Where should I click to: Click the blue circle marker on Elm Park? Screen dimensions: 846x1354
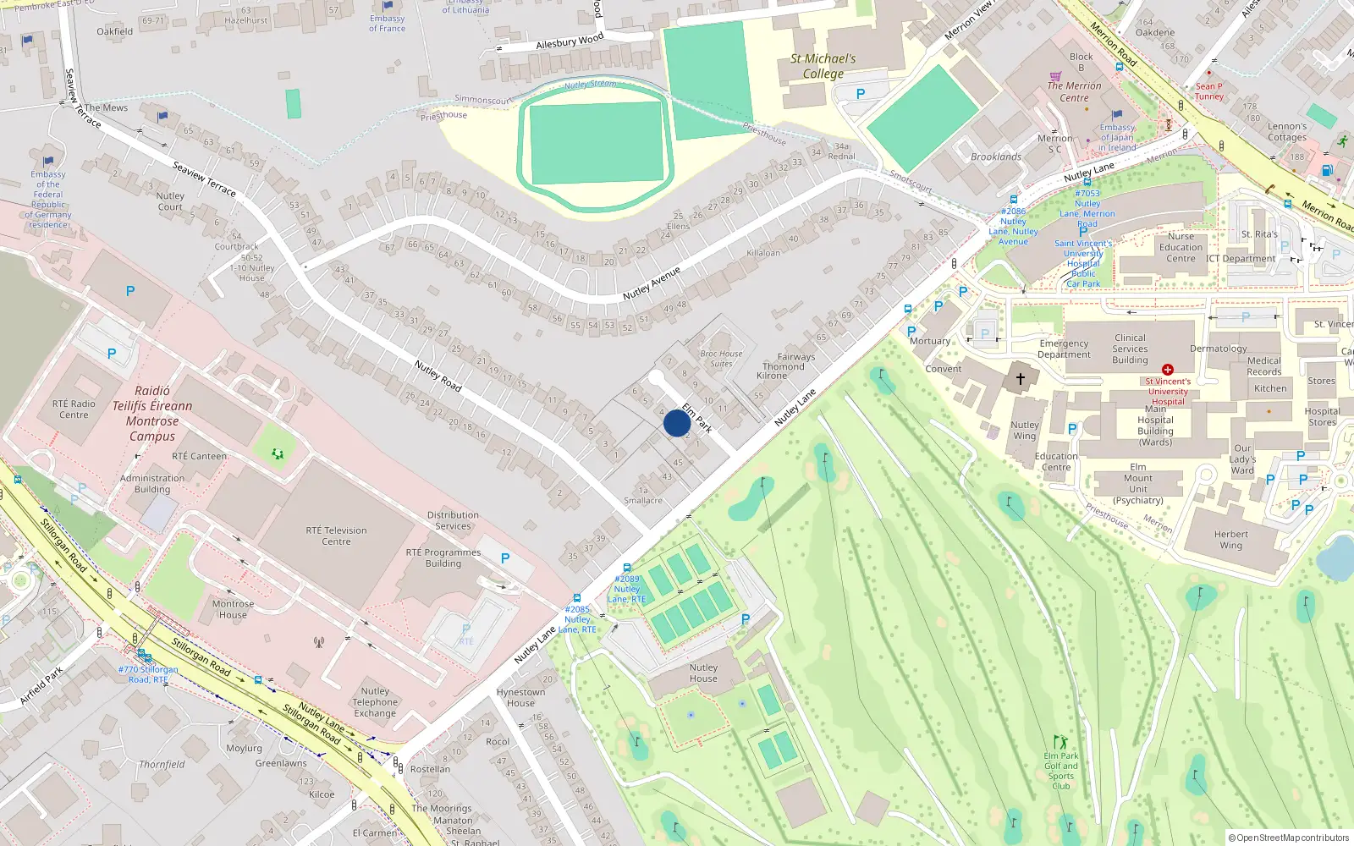[x=676, y=423]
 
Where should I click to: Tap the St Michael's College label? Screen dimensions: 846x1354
[x=823, y=66]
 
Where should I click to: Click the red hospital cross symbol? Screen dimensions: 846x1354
[x=1168, y=370]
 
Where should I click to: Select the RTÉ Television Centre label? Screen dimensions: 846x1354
[x=336, y=536]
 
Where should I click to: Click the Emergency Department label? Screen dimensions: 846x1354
[x=1064, y=349]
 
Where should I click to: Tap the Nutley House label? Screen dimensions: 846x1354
[x=703, y=673]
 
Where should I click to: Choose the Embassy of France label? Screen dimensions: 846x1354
[x=387, y=24]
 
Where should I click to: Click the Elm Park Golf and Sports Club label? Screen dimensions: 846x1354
[x=1061, y=771]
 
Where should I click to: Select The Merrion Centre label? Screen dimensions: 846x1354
[x=1074, y=91]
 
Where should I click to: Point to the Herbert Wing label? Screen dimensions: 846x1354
[x=1230, y=540]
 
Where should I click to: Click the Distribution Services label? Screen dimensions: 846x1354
[x=453, y=520]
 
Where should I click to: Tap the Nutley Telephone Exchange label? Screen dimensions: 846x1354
[x=375, y=702]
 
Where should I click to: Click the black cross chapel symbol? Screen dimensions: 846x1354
[x=1021, y=379]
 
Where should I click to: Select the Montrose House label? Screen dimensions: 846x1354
[x=233, y=609]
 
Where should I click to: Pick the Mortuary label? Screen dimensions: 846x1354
[x=930, y=341]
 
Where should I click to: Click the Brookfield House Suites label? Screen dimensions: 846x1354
[x=721, y=359]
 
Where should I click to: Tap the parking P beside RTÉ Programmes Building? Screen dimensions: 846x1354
[x=505, y=558]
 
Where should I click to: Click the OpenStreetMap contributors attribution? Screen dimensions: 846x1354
[x=1289, y=838]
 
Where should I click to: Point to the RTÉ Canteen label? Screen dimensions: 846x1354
[x=200, y=456]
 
